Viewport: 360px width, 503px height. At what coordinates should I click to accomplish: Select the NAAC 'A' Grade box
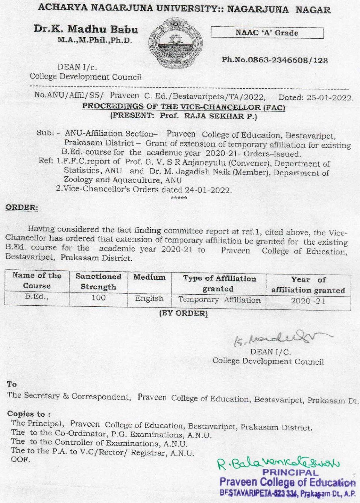pos(267,33)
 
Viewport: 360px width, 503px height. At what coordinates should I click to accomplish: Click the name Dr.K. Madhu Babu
pos(86,29)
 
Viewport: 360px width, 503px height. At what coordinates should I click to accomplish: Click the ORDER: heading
pos(22,208)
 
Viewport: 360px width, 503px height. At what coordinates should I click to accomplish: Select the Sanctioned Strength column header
pos(98,282)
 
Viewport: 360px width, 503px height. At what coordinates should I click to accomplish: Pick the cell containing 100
pos(98,298)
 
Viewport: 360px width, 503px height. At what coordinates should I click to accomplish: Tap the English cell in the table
pos(149,299)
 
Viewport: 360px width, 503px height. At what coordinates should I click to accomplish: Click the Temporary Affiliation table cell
pos(219,300)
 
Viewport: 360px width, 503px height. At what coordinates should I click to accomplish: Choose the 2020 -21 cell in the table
pos(308,301)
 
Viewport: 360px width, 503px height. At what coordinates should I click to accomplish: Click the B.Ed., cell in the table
pos(36,297)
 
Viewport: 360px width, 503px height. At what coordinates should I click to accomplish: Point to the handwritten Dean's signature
pos(278,338)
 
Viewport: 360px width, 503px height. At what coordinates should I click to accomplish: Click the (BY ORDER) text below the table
pos(183,313)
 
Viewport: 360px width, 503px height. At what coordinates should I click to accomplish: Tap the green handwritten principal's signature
pos(278,463)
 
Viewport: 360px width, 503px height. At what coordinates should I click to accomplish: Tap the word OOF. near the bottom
pos(20,459)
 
